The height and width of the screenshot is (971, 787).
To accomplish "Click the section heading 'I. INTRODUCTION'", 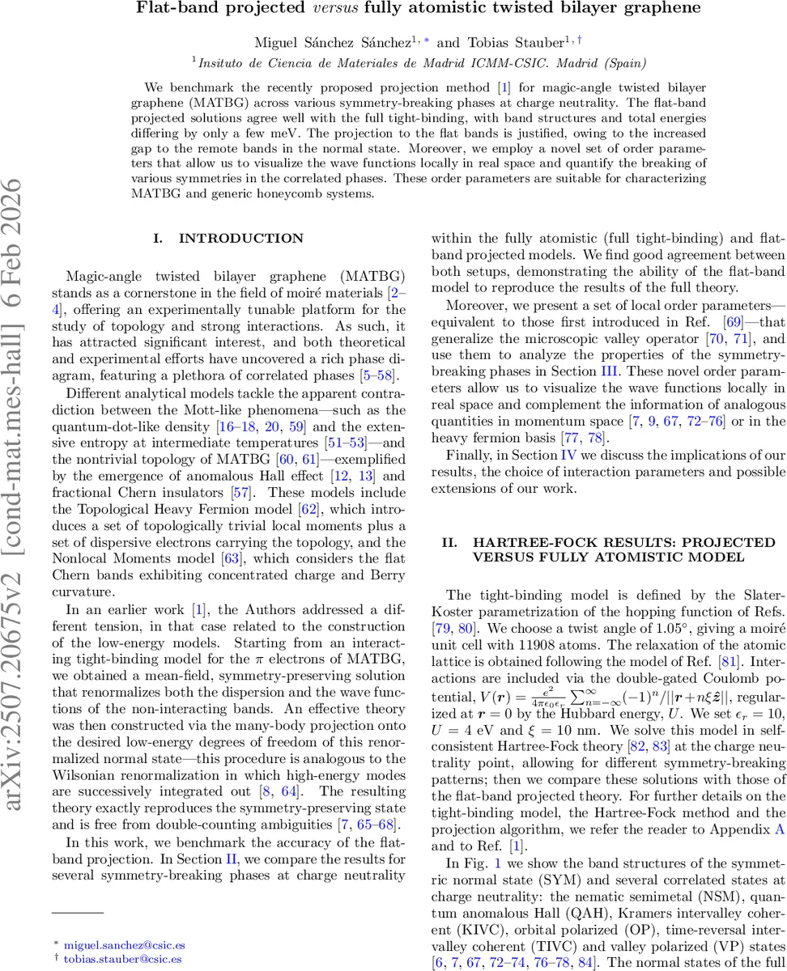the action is (230, 238).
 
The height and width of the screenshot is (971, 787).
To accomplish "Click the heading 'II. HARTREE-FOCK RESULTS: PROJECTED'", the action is (607, 542).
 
